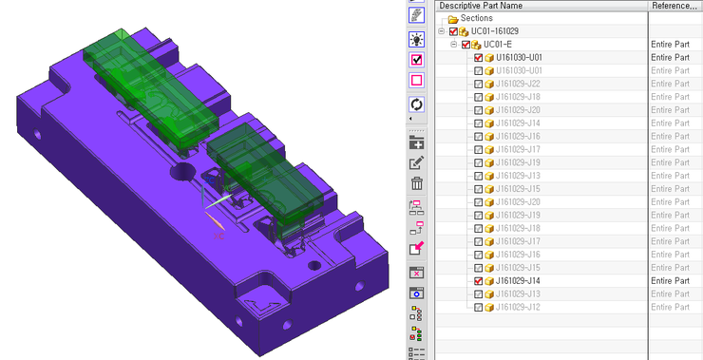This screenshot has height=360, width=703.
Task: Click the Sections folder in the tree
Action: click(x=452, y=18)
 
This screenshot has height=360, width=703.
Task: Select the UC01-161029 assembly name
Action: click(x=495, y=31)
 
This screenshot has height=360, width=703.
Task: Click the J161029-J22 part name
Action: click(x=518, y=84)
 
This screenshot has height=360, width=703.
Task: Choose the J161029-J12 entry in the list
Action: click(x=518, y=307)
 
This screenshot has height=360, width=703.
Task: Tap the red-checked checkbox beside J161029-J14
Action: click(x=479, y=281)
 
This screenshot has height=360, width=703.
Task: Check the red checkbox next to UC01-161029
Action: click(x=453, y=31)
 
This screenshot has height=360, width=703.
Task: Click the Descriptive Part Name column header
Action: click(x=481, y=6)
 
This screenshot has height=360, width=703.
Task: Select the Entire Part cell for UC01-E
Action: click(x=671, y=45)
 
